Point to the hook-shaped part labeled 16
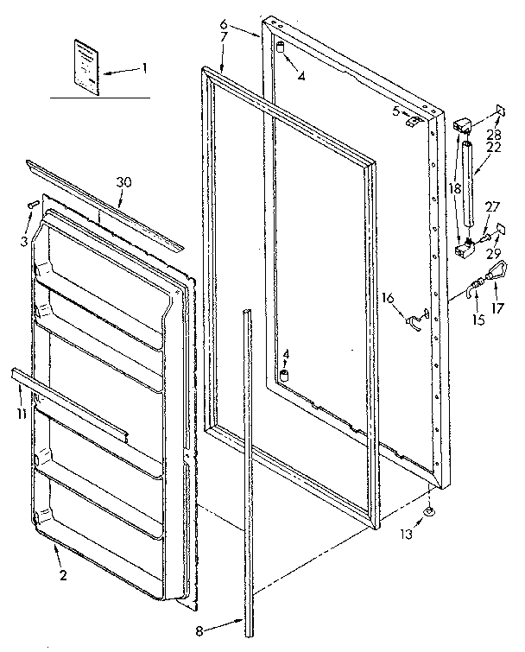click(415, 320)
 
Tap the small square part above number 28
click(499, 110)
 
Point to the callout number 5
click(395, 110)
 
